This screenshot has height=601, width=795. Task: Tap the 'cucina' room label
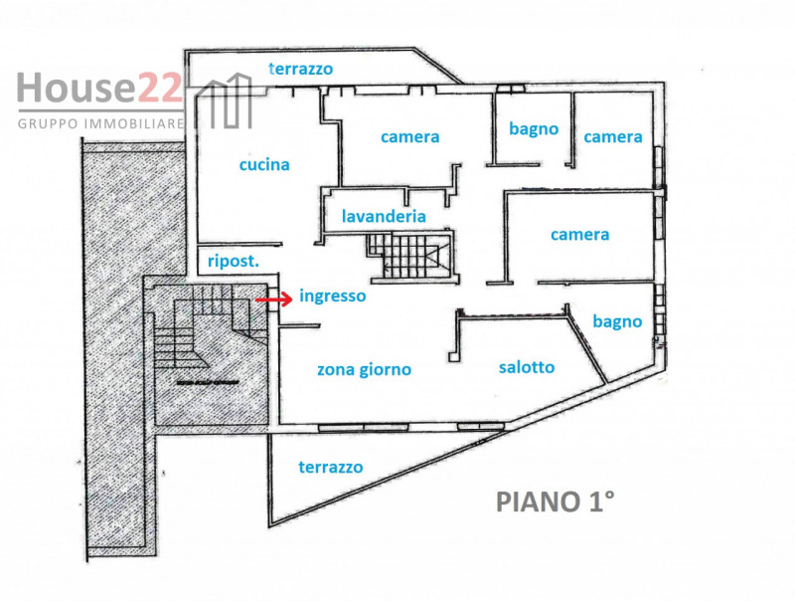coord(264,165)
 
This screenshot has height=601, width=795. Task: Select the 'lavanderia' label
coord(384,216)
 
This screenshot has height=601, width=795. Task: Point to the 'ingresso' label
coord(332,297)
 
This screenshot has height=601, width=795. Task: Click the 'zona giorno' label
coord(364,370)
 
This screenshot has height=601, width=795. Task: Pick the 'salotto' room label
coord(527,367)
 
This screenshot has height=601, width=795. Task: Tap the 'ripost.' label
coord(233,262)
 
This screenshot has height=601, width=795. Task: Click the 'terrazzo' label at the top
coord(301,69)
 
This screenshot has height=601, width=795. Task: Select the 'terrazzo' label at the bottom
coord(331,467)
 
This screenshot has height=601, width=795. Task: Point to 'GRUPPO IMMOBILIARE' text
coord(101,123)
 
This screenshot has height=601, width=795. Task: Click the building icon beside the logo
coord(227,104)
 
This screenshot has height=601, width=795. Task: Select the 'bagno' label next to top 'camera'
coord(534,129)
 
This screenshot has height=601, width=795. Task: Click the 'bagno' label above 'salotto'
coord(617,321)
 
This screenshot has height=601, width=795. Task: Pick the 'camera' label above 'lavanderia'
coord(409,137)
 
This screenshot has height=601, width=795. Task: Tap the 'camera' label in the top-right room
coord(613,137)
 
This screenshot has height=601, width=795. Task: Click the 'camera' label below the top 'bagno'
coord(580,235)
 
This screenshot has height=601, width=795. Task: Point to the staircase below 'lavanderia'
coord(408,255)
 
